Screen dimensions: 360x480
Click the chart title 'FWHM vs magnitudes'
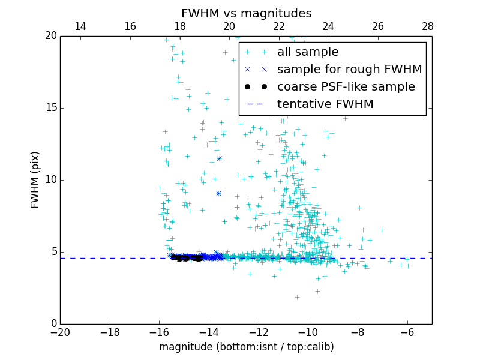tap(246, 13)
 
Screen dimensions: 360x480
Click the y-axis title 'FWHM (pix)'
tap(35, 180)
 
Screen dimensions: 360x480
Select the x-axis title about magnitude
tap(246, 347)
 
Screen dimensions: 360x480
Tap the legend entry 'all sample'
tap(307, 52)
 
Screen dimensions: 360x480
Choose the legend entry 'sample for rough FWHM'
tap(349, 70)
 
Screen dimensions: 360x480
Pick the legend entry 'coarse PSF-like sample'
tap(346, 87)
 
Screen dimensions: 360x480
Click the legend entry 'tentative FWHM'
tap(325, 104)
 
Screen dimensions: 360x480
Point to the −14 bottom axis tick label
tap(209, 332)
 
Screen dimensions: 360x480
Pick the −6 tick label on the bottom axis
tap(407, 332)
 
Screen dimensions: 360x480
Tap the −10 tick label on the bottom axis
tap(308, 332)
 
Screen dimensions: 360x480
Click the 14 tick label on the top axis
tap(80, 27)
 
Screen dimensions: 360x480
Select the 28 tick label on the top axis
tap(427, 27)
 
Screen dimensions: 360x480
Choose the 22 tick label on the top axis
tap(279, 27)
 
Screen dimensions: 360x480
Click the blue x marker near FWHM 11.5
tap(219, 158)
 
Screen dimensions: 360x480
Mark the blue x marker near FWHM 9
tap(218, 193)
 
